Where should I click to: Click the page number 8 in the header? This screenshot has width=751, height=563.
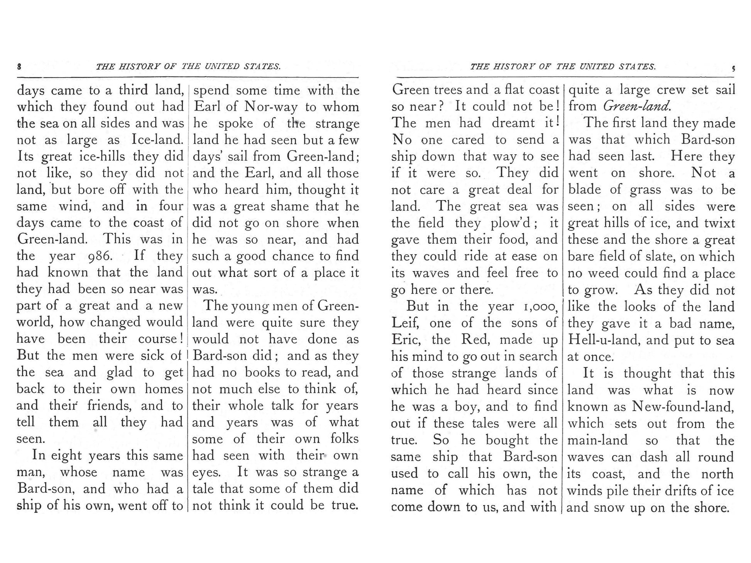pos(19,67)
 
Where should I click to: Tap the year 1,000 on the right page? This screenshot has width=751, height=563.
pos(538,307)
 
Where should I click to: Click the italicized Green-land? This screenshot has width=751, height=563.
pos(637,106)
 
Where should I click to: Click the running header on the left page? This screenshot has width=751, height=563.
pos(188,67)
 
